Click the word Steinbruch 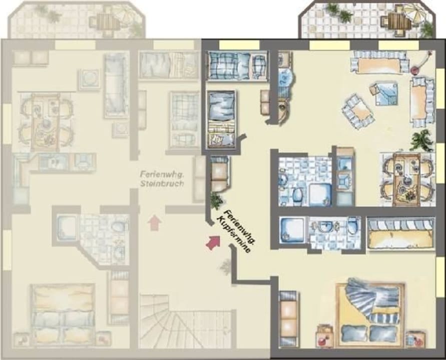[x=162, y=183]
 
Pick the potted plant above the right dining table [x=422, y=140]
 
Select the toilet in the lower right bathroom [x=352, y=225]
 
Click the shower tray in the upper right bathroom [x=320, y=194]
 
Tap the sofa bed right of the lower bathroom [x=400, y=233]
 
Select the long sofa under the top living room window [x=380, y=62]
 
